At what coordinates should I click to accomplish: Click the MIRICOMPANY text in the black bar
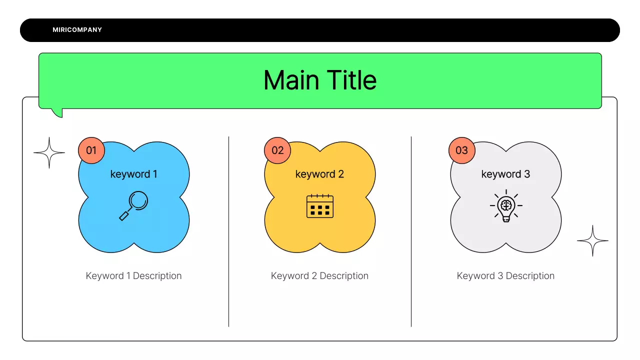77,30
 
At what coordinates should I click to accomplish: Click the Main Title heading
320,80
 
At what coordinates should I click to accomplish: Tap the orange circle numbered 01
91,150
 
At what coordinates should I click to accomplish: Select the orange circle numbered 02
277,150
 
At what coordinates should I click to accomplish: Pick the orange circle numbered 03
461,150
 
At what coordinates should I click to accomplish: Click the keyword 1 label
133,174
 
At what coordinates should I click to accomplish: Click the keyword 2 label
319,174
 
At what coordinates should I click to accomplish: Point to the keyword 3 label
505,174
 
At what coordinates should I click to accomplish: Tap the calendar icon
319,206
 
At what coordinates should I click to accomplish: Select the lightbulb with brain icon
506,206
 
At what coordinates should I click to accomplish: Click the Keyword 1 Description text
133,276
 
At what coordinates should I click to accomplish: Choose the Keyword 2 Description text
319,276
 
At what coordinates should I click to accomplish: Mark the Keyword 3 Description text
505,276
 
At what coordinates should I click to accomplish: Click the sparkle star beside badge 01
49,152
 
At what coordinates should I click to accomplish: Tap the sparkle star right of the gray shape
592,240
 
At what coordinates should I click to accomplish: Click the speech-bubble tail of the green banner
57,112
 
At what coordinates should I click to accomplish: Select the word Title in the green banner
351,80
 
